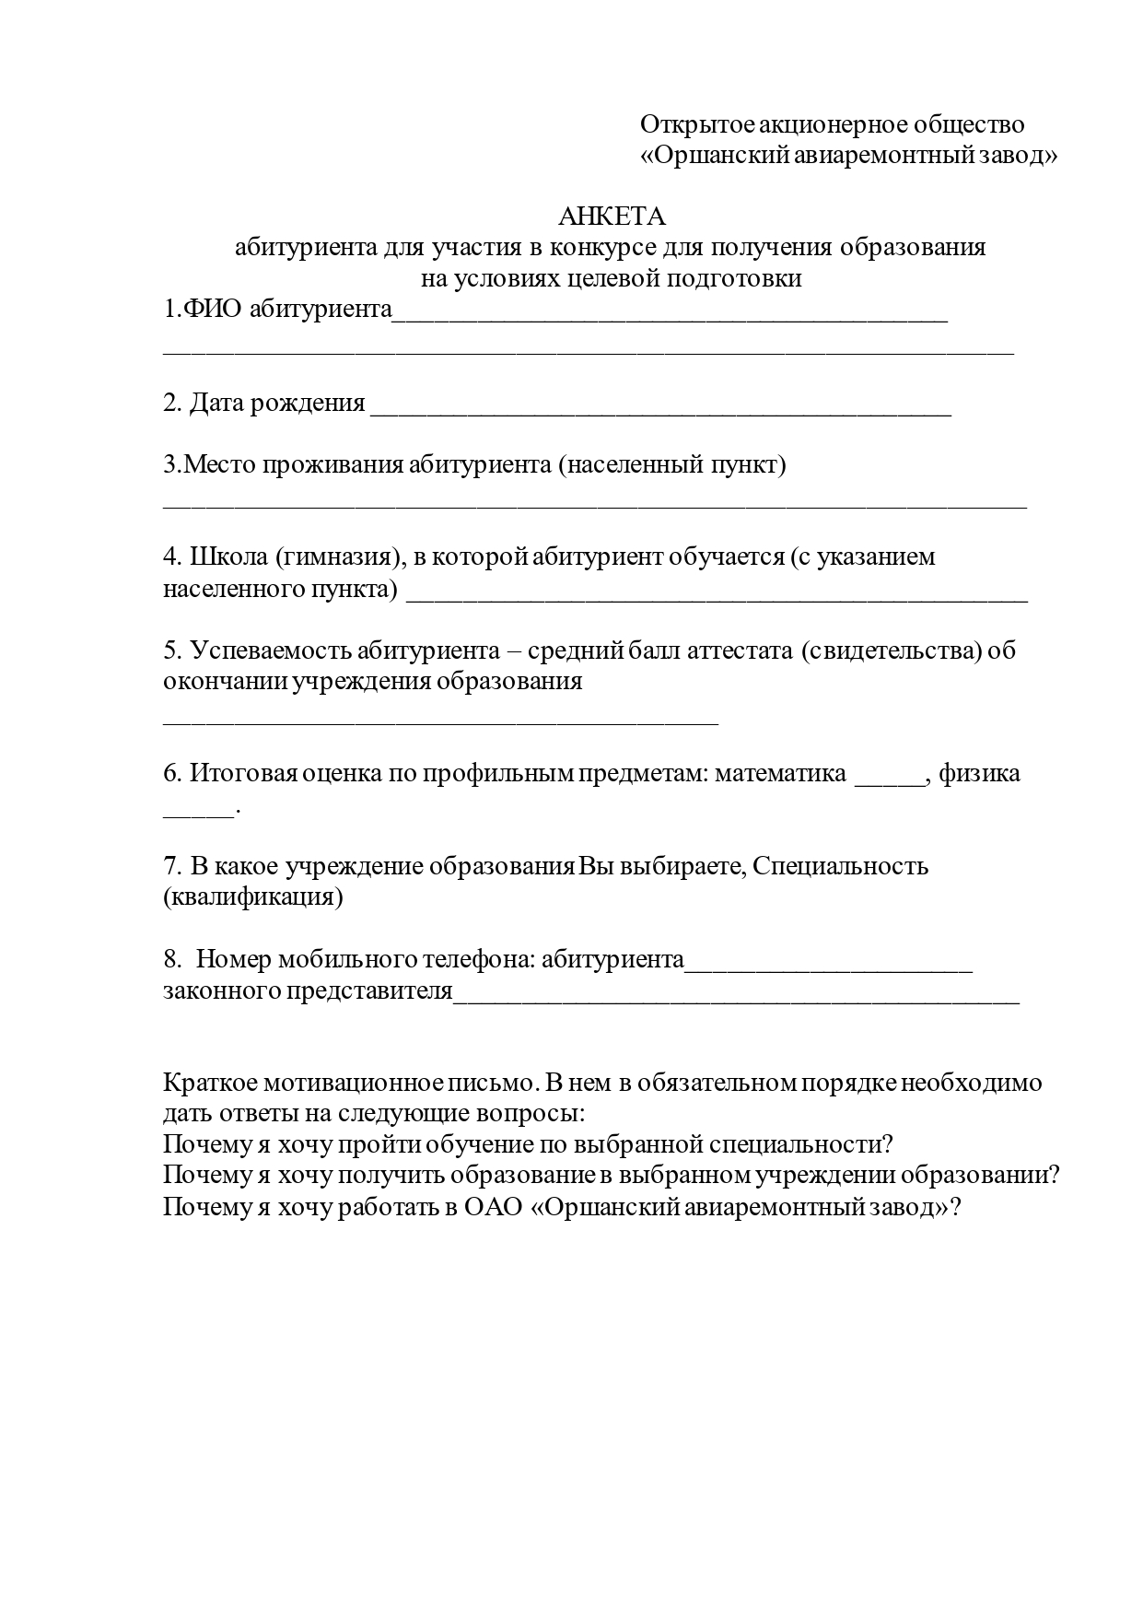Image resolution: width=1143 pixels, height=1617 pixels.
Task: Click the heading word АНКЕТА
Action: [x=612, y=217]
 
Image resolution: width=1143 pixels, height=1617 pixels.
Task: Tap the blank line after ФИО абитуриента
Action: [x=670, y=313]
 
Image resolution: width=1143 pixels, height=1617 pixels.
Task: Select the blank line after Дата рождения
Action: [x=660, y=407]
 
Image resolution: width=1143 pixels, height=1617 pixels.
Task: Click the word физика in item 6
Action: [x=979, y=773]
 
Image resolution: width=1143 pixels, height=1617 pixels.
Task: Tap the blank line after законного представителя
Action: [x=737, y=995]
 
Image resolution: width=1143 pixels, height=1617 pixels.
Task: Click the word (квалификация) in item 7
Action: [x=253, y=897]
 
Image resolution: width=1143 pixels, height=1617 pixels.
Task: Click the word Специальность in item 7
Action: [x=841, y=866]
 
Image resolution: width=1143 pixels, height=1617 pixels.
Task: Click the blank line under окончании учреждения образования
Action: [x=440, y=719]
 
